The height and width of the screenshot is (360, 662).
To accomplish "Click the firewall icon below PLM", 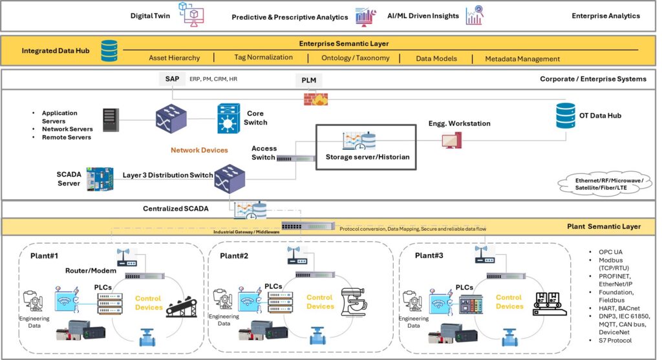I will coord(315,98).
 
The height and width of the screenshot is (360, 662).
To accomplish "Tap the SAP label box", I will coord(172,78).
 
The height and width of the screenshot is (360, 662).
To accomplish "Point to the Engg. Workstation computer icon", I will coord(451,139).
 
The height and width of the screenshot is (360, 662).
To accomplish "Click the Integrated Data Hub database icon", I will coord(109,50).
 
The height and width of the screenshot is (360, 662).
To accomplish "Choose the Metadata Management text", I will coord(522,59).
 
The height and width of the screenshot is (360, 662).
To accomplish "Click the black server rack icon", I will coord(111,118).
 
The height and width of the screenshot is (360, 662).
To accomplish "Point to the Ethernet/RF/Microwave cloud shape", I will coord(601,183).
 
